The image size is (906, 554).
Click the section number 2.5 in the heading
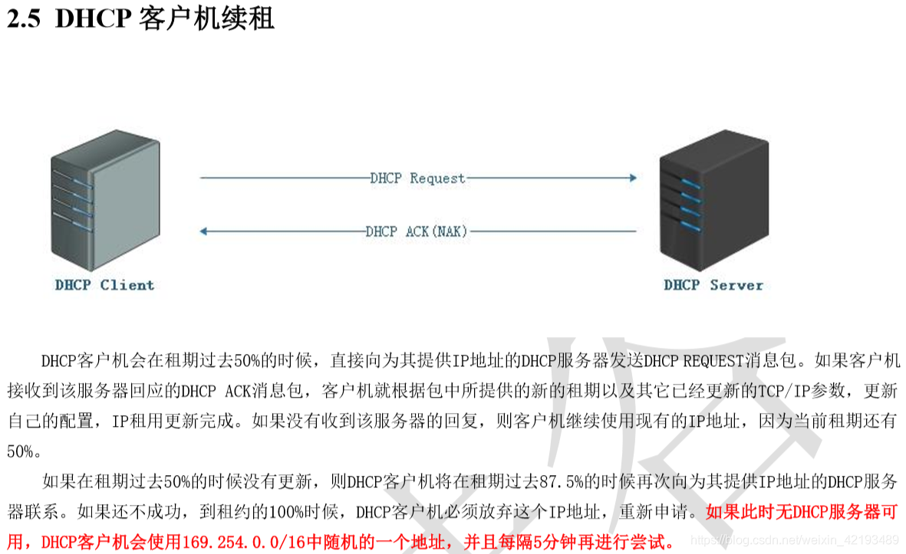pos(23,18)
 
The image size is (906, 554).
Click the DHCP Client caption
pos(104,285)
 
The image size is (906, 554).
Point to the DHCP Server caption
pos(713,285)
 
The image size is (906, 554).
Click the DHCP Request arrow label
pos(417,179)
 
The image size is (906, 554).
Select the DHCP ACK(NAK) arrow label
pos(417,231)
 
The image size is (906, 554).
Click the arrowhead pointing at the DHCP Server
pos(632,178)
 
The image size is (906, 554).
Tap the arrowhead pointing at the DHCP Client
pos(204,231)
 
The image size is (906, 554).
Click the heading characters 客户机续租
pos(207,18)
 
